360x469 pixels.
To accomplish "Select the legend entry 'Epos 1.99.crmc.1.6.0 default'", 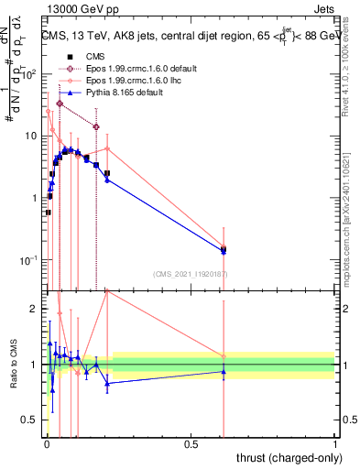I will (x=137, y=69).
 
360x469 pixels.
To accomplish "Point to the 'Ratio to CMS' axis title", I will (x=14, y=364).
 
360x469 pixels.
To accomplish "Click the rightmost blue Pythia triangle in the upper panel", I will (x=224, y=250).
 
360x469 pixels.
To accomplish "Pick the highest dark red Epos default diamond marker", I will (x=60, y=104).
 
